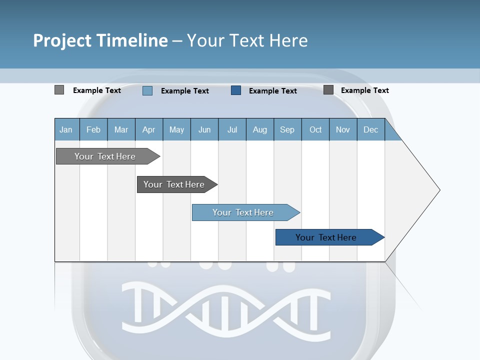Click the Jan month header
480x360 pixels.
coord(66,129)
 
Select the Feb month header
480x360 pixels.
coord(93,129)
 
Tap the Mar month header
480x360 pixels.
coord(121,129)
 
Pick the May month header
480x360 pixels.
coord(176,129)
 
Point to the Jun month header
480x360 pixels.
coord(204,129)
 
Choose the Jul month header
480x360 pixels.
coord(232,129)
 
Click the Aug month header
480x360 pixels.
coord(259,129)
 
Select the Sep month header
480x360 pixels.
coord(287,129)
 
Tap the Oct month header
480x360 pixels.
coord(315,129)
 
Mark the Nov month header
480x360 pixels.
coord(342,129)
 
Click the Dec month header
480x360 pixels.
coord(370,129)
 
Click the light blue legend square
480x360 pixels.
coord(147,90)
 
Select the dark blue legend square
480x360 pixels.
coord(236,90)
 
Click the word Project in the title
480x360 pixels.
coord(62,40)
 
